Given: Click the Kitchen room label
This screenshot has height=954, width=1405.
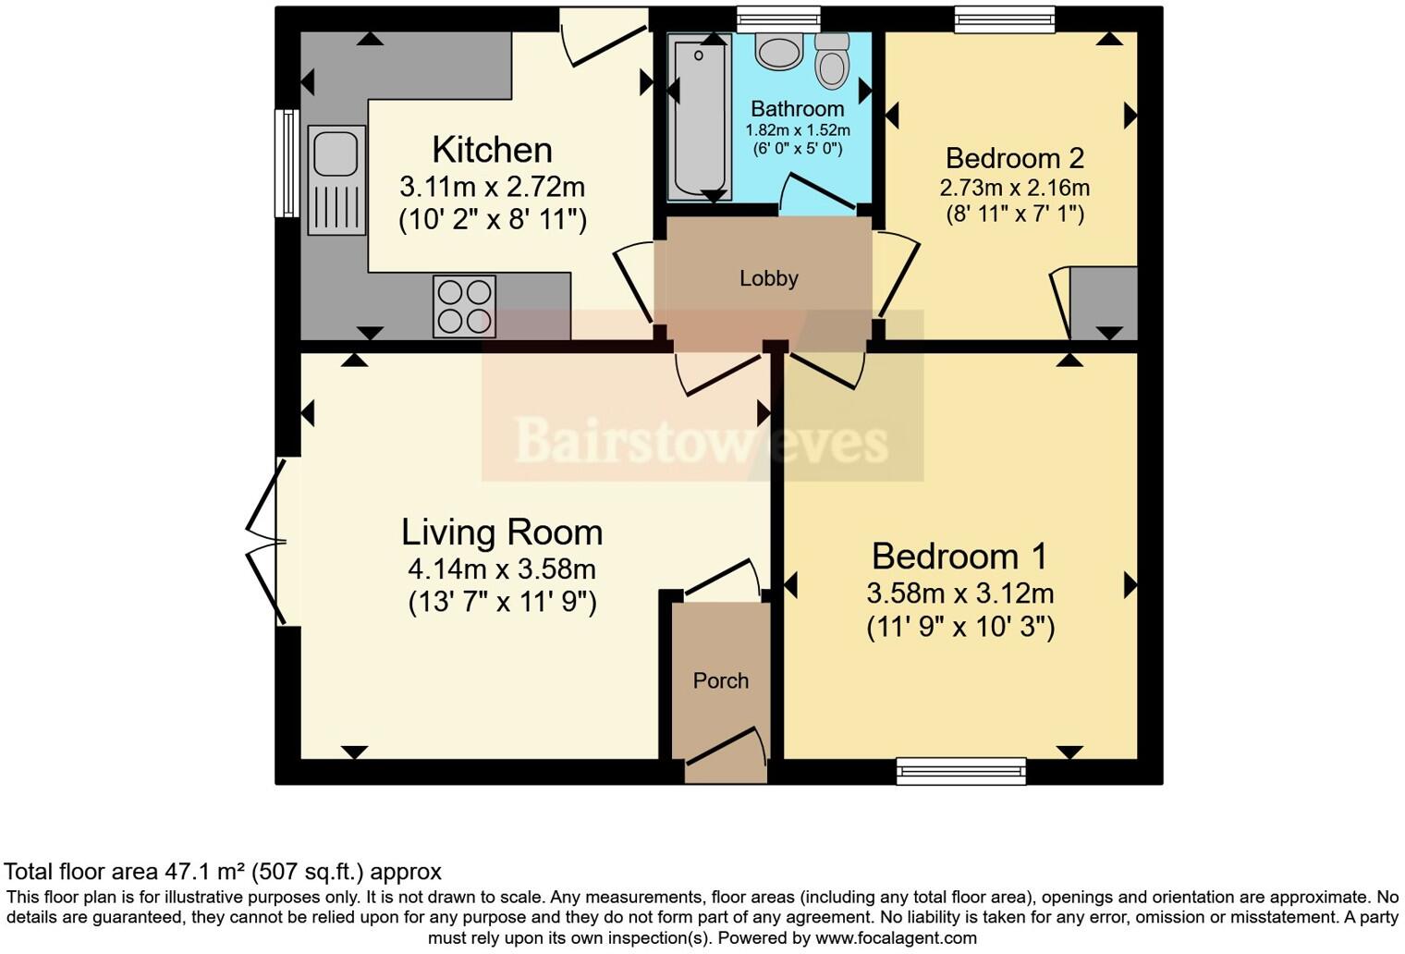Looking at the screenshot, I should (x=492, y=150).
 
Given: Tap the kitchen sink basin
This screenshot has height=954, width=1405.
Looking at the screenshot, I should (x=336, y=153).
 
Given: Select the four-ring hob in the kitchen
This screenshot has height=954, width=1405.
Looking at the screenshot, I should (x=464, y=307).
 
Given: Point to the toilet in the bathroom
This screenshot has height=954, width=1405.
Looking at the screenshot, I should (x=833, y=62).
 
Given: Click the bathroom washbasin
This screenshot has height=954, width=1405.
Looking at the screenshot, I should (x=778, y=51).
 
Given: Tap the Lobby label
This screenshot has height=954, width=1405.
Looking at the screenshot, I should (x=768, y=278).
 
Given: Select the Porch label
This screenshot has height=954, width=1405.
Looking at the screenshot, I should (x=721, y=680).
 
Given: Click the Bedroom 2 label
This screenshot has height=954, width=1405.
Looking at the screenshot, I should (x=1014, y=158).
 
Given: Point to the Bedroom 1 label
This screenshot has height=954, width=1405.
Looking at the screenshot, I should (x=959, y=556).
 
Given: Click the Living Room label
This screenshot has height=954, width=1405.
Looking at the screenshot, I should (x=502, y=532).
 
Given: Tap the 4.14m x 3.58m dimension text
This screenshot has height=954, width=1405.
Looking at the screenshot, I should (x=502, y=569).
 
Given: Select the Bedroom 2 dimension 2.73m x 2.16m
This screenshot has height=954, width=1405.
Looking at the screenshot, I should (x=1014, y=188).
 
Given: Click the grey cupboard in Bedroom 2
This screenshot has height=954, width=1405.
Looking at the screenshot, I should (x=1104, y=302).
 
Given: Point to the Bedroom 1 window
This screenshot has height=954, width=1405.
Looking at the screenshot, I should (x=960, y=770).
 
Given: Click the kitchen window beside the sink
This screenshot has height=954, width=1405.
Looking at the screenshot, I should (x=287, y=164).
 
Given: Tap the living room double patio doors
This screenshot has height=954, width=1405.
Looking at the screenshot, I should (x=268, y=543).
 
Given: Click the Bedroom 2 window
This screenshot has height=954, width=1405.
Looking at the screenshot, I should (x=1004, y=18).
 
